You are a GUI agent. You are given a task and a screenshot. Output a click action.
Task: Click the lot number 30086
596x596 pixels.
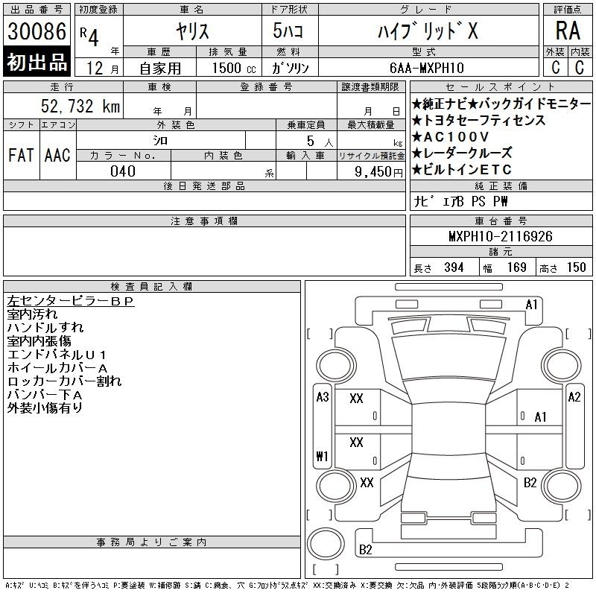(x=37, y=31)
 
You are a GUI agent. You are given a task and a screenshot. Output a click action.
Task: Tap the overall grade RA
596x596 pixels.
(x=568, y=31)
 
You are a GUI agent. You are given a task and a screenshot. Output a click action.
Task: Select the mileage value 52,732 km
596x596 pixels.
(x=80, y=106)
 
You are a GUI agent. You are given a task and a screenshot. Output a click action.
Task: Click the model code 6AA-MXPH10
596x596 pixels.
(x=427, y=68)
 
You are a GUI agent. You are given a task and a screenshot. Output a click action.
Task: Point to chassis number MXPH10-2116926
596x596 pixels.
(x=501, y=236)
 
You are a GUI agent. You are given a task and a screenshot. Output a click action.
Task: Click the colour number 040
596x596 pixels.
(x=123, y=171)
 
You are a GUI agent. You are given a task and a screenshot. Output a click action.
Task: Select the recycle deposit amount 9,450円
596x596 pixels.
(x=378, y=172)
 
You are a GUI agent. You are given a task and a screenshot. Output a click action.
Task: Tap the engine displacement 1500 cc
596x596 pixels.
(x=234, y=68)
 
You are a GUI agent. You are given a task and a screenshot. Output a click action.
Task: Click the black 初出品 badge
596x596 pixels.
(x=37, y=61)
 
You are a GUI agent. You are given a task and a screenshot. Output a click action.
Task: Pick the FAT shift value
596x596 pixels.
(x=22, y=155)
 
